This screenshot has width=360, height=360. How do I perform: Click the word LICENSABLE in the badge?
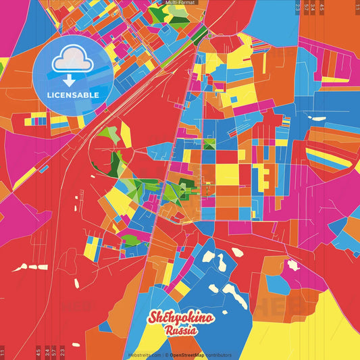pyautogui.click(x=74, y=95)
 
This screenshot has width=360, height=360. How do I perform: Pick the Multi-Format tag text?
pyautogui.click(x=180, y=3)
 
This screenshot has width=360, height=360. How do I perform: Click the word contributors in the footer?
pyautogui.click(x=219, y=355)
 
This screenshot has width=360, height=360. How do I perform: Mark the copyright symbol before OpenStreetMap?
pyautogui.click(x=166, y=355)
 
